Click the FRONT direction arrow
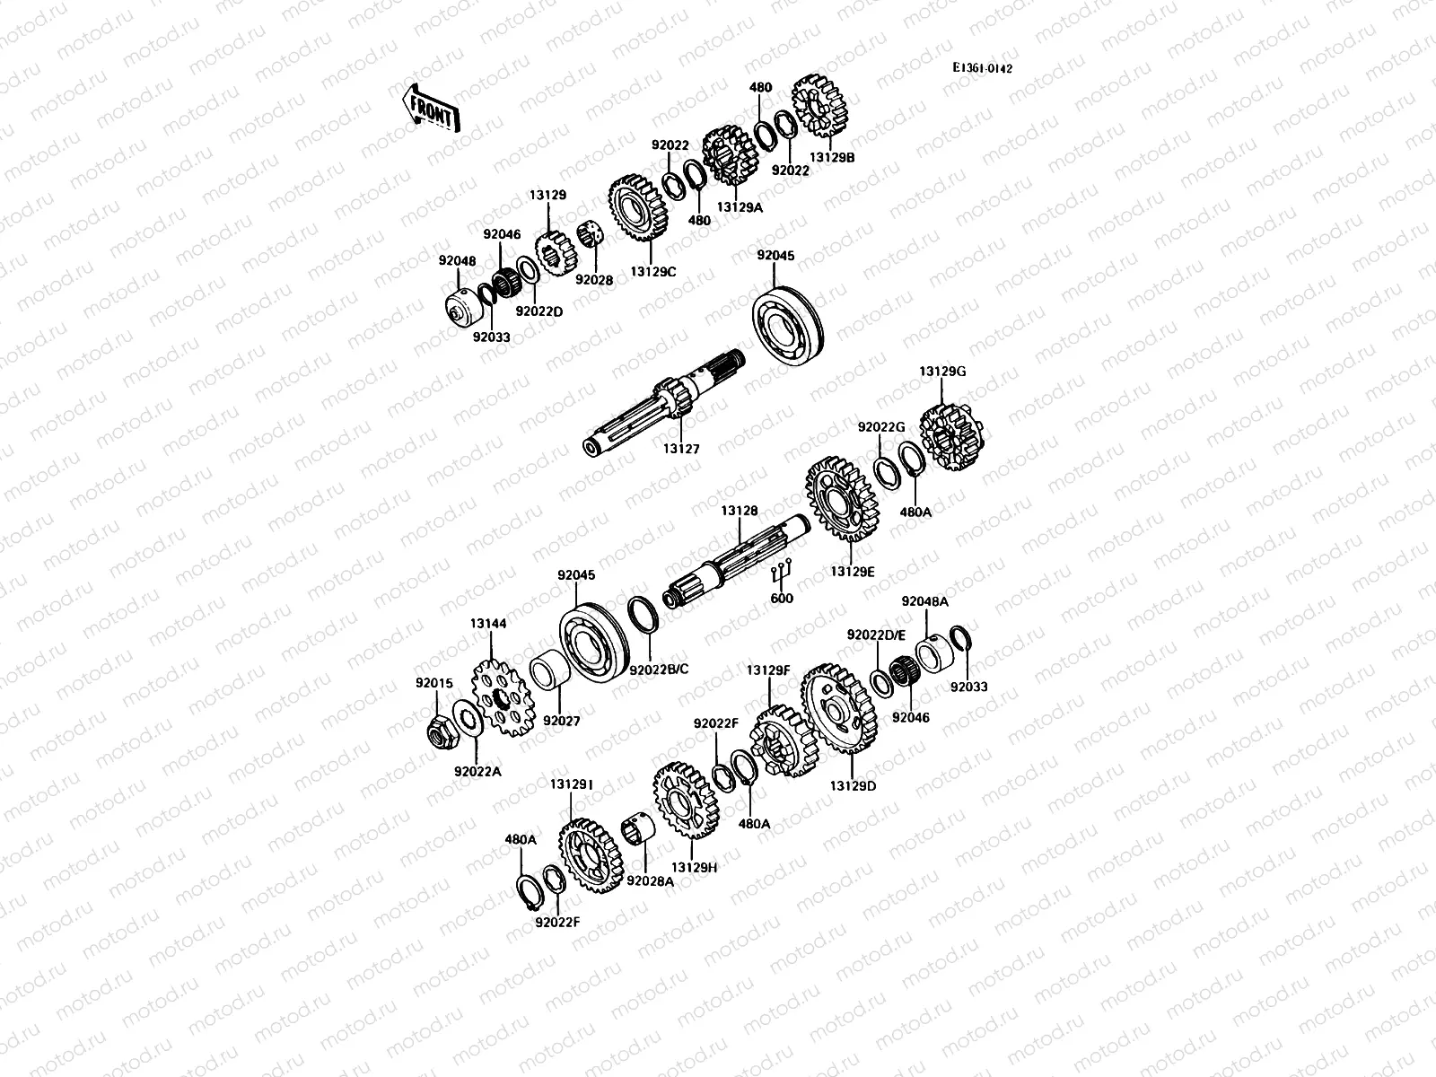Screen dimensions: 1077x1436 pos(430,109)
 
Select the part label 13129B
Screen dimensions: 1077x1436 pos(832,157)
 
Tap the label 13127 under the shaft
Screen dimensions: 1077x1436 pos(682,449)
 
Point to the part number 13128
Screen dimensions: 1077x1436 pos(740,511)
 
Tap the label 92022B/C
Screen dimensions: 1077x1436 pos(660,670)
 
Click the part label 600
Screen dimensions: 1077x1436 pos(783,599)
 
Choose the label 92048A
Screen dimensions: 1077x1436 pos(925,602)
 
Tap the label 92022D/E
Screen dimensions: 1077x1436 pos(876,635)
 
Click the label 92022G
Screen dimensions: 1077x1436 pos(880,427)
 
